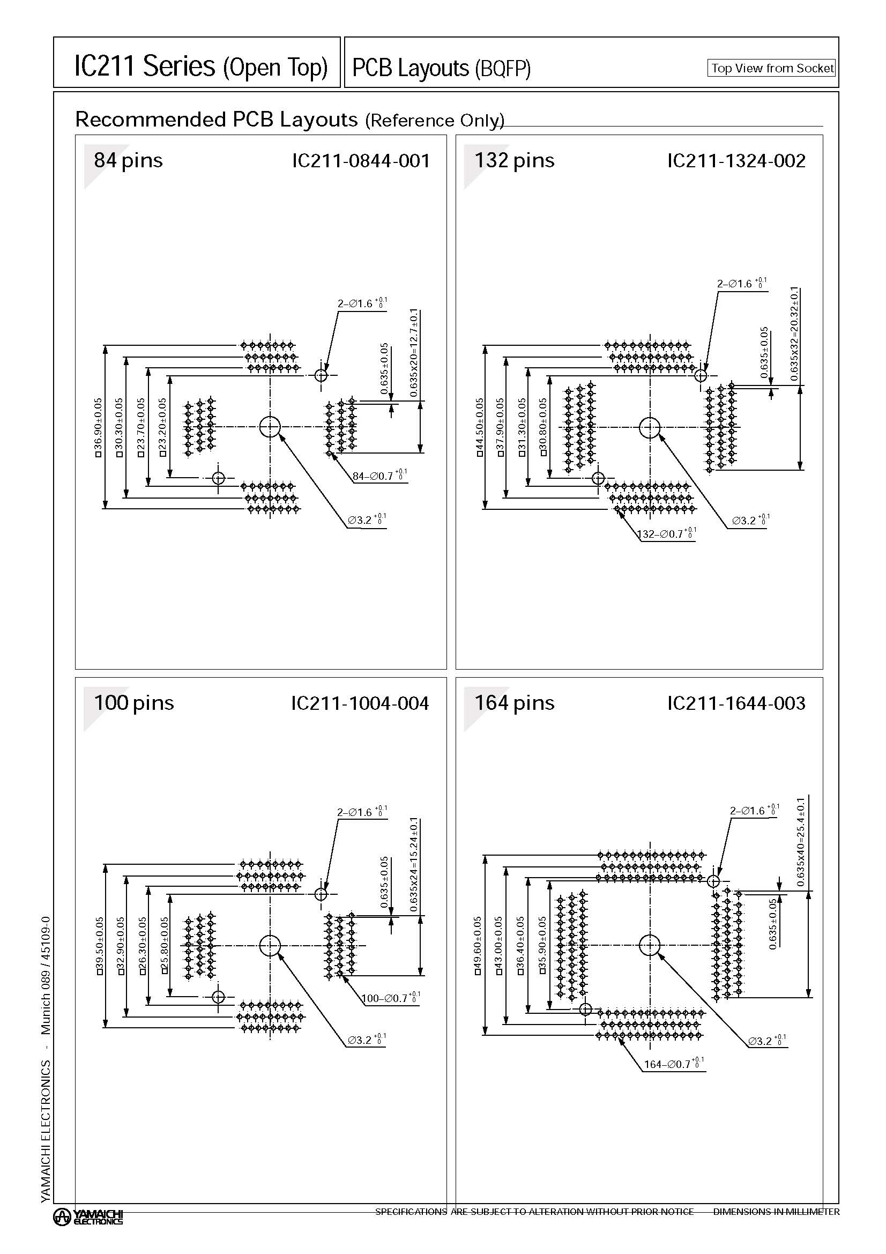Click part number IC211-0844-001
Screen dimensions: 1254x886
click(x=361, y=161)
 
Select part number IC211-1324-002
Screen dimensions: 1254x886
click(x=736, y=161)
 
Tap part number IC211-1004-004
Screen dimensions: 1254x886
click(x=360, y=703)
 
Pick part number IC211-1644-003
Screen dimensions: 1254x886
click(x=736, y=703)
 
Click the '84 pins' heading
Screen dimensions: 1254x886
click(x=128, y=161)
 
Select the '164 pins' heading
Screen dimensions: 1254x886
click(x=513, y=703)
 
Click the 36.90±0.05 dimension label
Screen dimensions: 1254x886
click(x=98, y=427)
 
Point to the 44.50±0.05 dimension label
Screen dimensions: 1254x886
click(x=479, y=427)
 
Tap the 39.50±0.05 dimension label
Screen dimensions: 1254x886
click(x=99, y=946)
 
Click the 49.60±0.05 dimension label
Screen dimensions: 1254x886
click(x=478, y=946)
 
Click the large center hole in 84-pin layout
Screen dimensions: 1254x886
click(x=270, y=427)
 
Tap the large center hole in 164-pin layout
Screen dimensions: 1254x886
click(x=649, y=945)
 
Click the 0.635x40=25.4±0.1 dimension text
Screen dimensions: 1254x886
click(x=800, y=842)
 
